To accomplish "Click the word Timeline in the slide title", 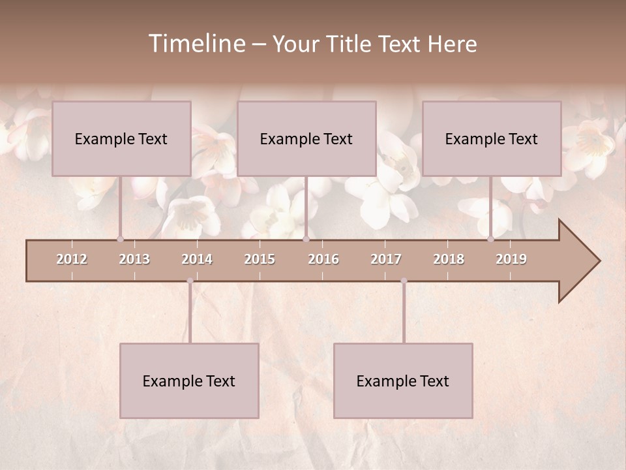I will [196, 44].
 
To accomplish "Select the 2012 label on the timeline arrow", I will [72, 259].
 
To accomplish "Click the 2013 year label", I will [134, 259].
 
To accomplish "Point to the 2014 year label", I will [197, 259].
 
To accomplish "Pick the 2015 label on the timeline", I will [260, 259].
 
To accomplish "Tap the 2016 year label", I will [323, 259].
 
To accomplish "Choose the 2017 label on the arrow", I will [386, 259].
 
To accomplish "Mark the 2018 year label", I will [449, 259].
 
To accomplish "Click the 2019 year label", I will [511, 259].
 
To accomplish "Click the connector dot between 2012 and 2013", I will [120, 239].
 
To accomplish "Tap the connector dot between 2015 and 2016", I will [306, 239].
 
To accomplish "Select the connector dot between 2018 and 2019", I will [490, 239].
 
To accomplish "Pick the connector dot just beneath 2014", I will [190, 281].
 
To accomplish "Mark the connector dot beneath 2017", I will [404, 281].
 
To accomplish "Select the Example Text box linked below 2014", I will [189, 381].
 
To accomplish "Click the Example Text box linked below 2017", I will [403, 381].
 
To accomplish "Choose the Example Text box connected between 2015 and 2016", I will [306, 138].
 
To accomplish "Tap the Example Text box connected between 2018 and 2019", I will [492, 138].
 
